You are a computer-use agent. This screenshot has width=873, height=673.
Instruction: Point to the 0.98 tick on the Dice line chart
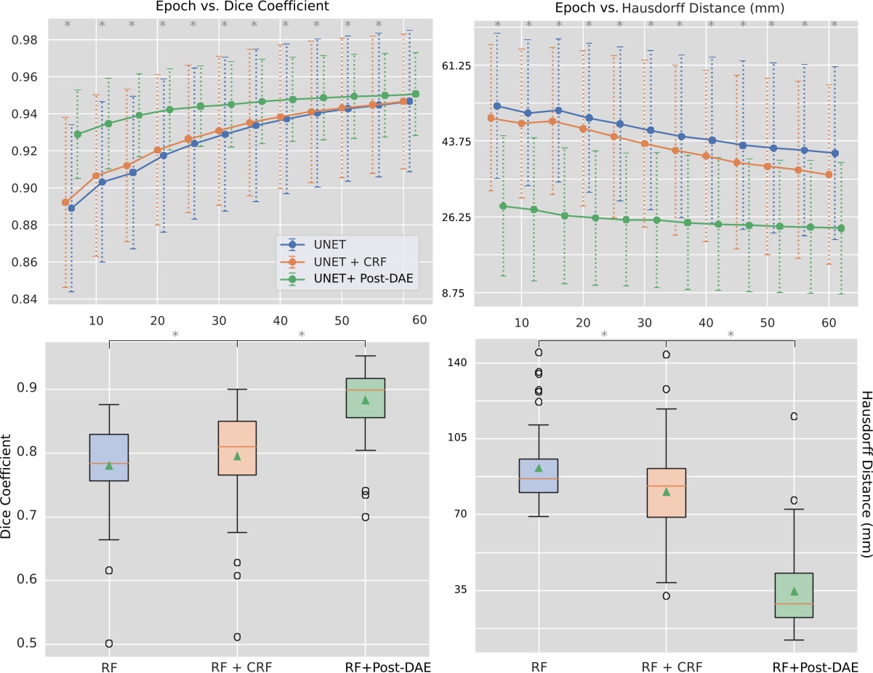26,40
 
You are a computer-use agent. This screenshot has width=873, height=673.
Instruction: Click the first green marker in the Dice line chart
78,134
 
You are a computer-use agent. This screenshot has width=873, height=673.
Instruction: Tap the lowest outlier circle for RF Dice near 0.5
109,643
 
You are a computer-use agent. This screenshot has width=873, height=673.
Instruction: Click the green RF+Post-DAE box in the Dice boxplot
366,398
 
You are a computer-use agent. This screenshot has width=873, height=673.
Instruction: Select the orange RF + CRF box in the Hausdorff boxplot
667,493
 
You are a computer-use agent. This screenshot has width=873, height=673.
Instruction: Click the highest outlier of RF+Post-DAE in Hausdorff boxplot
794,416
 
